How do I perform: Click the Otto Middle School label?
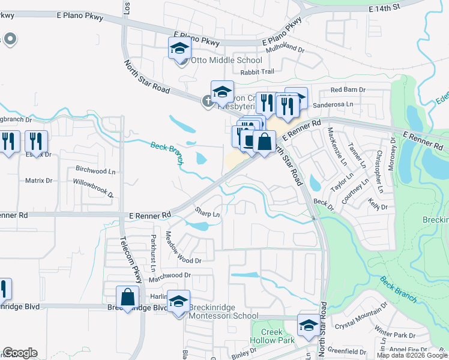(226, 60)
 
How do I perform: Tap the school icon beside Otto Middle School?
(179, 49)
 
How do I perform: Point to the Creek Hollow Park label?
(278, 336)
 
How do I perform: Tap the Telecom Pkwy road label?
(130, 262)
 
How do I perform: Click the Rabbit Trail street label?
(257, 73)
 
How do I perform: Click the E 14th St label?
(390, 8)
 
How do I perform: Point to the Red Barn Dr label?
(348, 89)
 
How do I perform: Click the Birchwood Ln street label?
(95, 170)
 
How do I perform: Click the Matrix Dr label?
(39, 180)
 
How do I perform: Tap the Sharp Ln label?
(208, 212)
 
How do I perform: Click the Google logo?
(20, 353)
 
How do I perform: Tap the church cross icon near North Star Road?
(208, 101)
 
